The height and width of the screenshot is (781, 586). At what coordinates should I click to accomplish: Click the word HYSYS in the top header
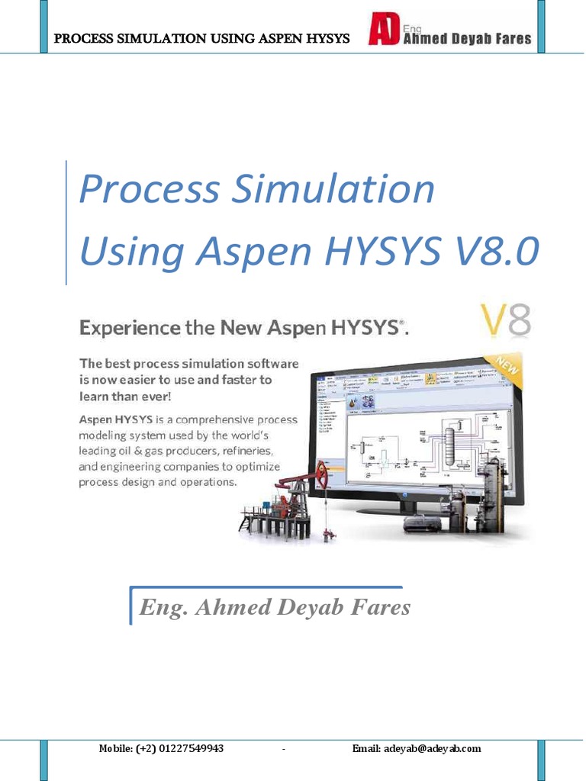(x=323, y=38)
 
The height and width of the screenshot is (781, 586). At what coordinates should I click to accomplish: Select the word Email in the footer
(x=366, y=748)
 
